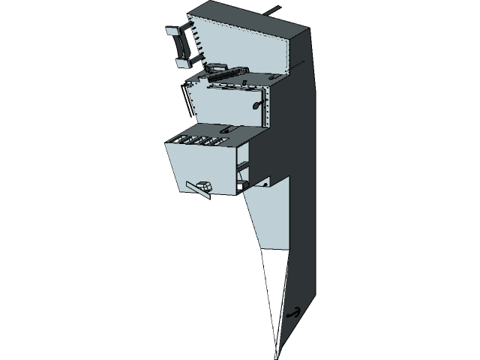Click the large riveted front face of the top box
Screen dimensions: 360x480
coord(240,45)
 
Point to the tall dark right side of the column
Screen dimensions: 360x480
coord(304,187)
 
